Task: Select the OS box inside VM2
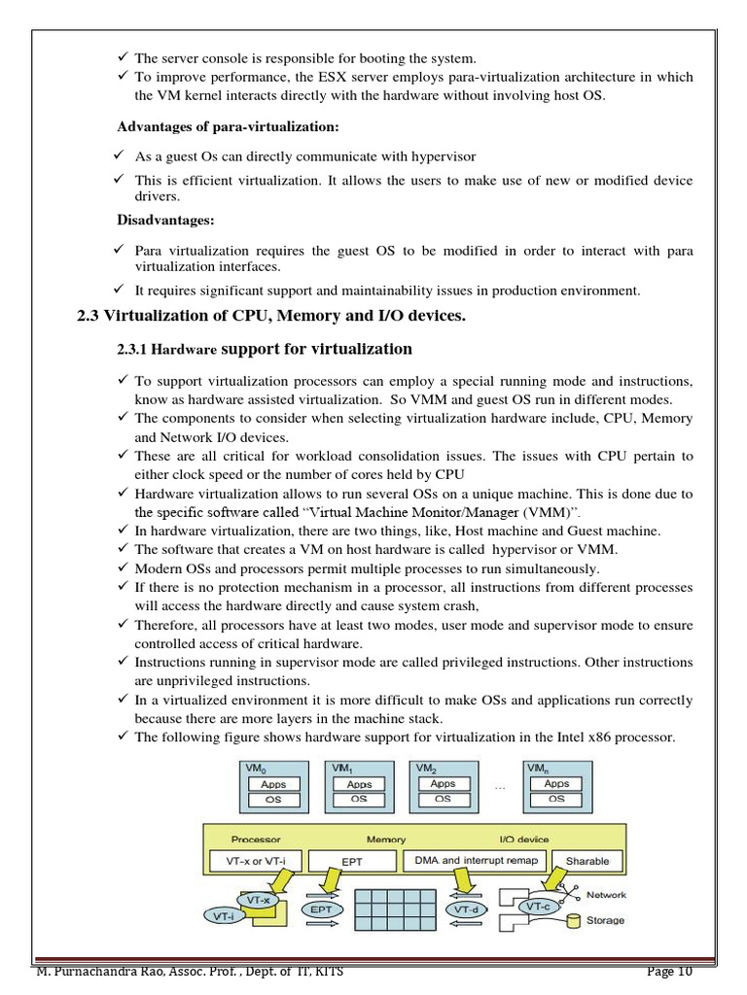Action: pos(443,799)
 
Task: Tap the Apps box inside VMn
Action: pos(556,784)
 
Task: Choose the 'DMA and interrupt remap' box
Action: pos(477,860)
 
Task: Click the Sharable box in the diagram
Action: pos(587,860)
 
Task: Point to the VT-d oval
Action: pos(466,909)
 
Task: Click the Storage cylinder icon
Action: pos(574,920)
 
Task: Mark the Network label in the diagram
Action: pos(606,895)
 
